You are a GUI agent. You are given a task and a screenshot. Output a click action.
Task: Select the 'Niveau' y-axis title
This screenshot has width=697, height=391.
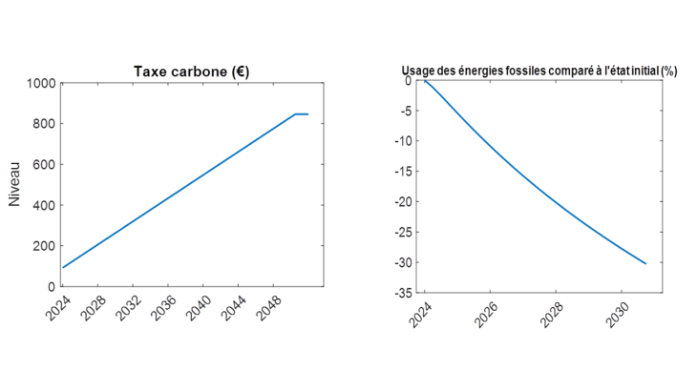pos(14,184)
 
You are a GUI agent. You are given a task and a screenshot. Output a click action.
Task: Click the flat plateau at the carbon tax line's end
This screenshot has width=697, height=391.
pos(301,114)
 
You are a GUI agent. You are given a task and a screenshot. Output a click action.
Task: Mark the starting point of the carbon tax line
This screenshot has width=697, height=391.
pos(63,267)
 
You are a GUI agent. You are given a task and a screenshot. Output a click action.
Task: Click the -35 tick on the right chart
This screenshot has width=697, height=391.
pos(405,293)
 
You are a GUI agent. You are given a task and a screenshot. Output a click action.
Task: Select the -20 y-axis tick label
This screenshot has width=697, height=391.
pos(405,202)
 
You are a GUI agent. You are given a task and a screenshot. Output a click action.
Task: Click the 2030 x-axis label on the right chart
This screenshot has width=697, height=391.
pos(614,316)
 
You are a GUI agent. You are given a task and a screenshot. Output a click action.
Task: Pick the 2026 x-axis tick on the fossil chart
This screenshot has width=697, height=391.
pos(482,316)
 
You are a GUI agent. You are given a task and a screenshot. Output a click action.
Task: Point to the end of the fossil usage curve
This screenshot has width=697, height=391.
pos(646,263)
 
